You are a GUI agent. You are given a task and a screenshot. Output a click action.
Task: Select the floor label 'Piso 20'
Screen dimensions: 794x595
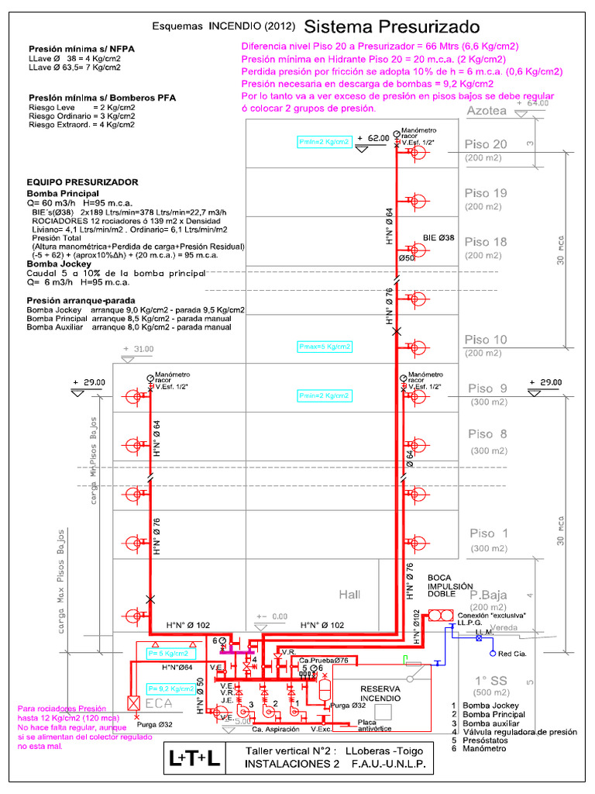pyautogui.click(x=486, y=144)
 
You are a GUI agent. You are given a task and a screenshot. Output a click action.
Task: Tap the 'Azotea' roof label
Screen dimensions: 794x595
pyautogui.click(x=487, y=111)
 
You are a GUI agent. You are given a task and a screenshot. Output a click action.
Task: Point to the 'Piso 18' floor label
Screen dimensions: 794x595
pyautogui.click(x=486, y=242)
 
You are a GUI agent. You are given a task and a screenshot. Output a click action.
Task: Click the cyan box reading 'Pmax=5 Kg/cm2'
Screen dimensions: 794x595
pyautogui.click(x=324, y=347)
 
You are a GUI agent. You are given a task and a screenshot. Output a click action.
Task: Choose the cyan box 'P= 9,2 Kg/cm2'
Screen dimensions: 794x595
pyautogui.click(x=172, y=688)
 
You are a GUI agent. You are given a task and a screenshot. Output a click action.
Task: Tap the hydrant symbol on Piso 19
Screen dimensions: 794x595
pyautogui.click(x=418, y=202)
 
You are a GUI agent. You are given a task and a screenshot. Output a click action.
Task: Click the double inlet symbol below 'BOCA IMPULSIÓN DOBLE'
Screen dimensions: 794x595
pyautogui.click(x=442, y=615)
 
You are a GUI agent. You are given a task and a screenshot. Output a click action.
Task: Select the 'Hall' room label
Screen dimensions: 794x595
pyautogui.click(x=350, y=594)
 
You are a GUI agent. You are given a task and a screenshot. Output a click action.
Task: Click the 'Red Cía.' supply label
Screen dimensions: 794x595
pyautogui.click(x=513, y=654)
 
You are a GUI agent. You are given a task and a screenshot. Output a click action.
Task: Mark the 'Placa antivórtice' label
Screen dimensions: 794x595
pyautogui.click(x=372, y=726)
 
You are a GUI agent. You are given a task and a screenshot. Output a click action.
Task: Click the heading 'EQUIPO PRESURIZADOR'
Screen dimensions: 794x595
pyautogui.click(x=82, y=181)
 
